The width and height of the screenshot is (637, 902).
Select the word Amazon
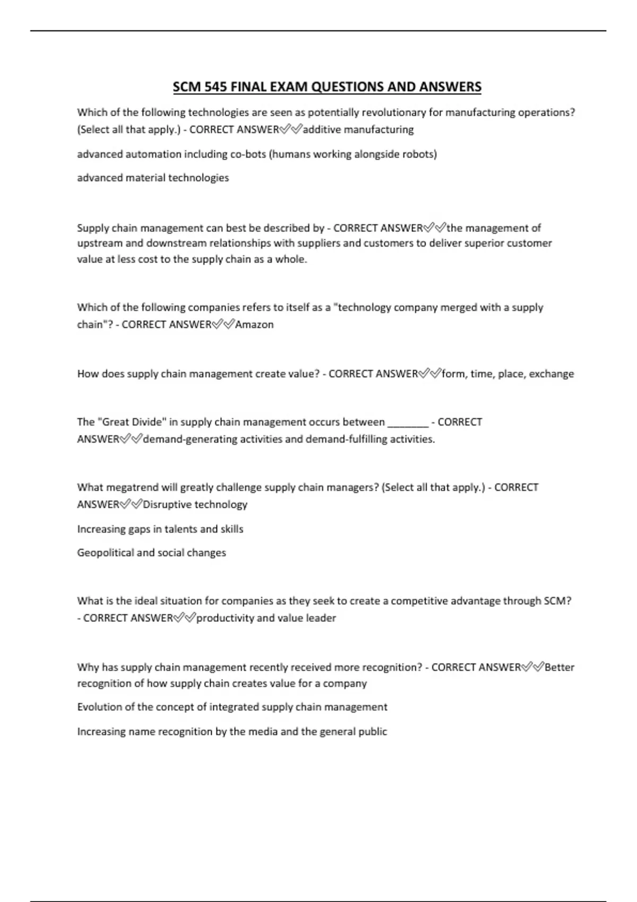pyautogui.click(x=254, y=324)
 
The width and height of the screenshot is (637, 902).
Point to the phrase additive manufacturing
pyautogui.click(x=358, y=129)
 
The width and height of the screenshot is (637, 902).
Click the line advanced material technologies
pyautogui.click(x=153, y=178)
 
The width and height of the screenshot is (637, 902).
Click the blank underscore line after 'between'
pyautogui.click(x=408, y=422)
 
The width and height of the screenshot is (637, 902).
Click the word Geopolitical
pyautogui.click(x=105, y=553)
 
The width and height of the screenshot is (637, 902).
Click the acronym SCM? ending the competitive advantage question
pyautogui.click(x=557, y=601)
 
